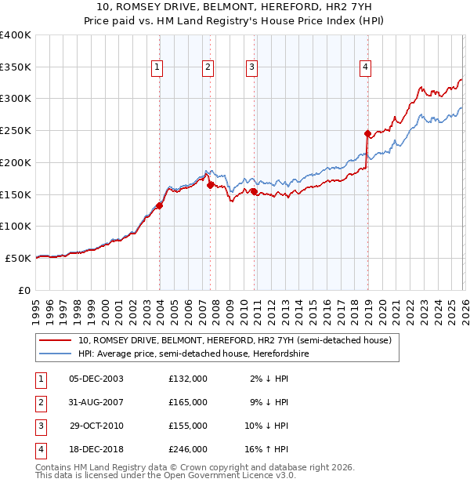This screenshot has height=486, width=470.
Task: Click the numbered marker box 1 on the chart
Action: (x=157, y=68)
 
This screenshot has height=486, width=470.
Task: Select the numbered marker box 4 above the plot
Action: (x=365, y=68)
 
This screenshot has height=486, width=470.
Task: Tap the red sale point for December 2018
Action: (x=367, y=133)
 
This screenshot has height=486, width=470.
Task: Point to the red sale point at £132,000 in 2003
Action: (x=160, y=206)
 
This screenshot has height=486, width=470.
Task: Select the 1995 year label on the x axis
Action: (x=36, y=311)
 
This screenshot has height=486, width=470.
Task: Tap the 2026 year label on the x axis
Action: (x=464, y=311)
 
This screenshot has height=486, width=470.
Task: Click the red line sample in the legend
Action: (x=56, y=340)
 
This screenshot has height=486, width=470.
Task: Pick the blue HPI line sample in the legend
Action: (x=56, y=354)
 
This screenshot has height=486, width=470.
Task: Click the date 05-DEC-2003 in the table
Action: (x=96, y=379)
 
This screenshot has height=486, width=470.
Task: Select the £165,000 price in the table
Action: (x=188, y=402)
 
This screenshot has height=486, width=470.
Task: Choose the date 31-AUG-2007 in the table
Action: (x=96, y=402)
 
